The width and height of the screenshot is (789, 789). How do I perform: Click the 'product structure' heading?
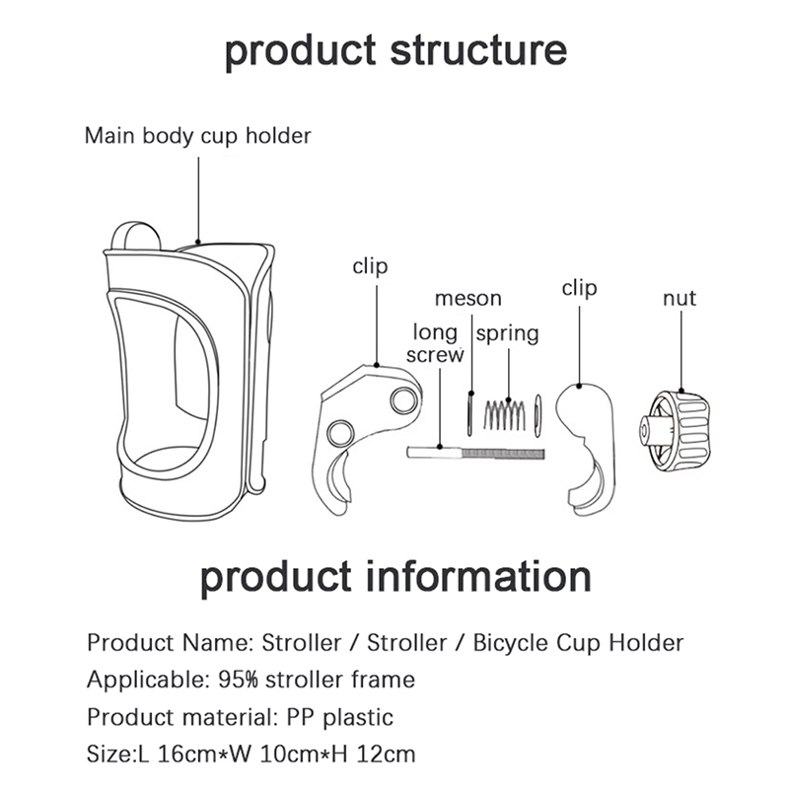(x=394, y=51)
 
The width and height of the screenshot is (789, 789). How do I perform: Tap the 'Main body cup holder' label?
(x=197, y=135)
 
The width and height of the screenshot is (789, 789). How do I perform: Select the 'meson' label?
(x=468, y=298)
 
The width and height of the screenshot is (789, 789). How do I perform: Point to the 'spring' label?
(x=508, y=333)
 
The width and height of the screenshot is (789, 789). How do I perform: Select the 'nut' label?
(x=679, y=298)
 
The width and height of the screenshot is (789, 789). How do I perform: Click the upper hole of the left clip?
(x=402, y=400)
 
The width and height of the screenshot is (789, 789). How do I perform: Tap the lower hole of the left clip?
(x=340, y=433)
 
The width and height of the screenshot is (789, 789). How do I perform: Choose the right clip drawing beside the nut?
(x=586, y=444)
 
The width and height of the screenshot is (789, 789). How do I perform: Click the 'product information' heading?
(x=394, y=578)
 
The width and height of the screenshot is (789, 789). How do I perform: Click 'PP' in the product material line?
(x=298, y=717)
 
